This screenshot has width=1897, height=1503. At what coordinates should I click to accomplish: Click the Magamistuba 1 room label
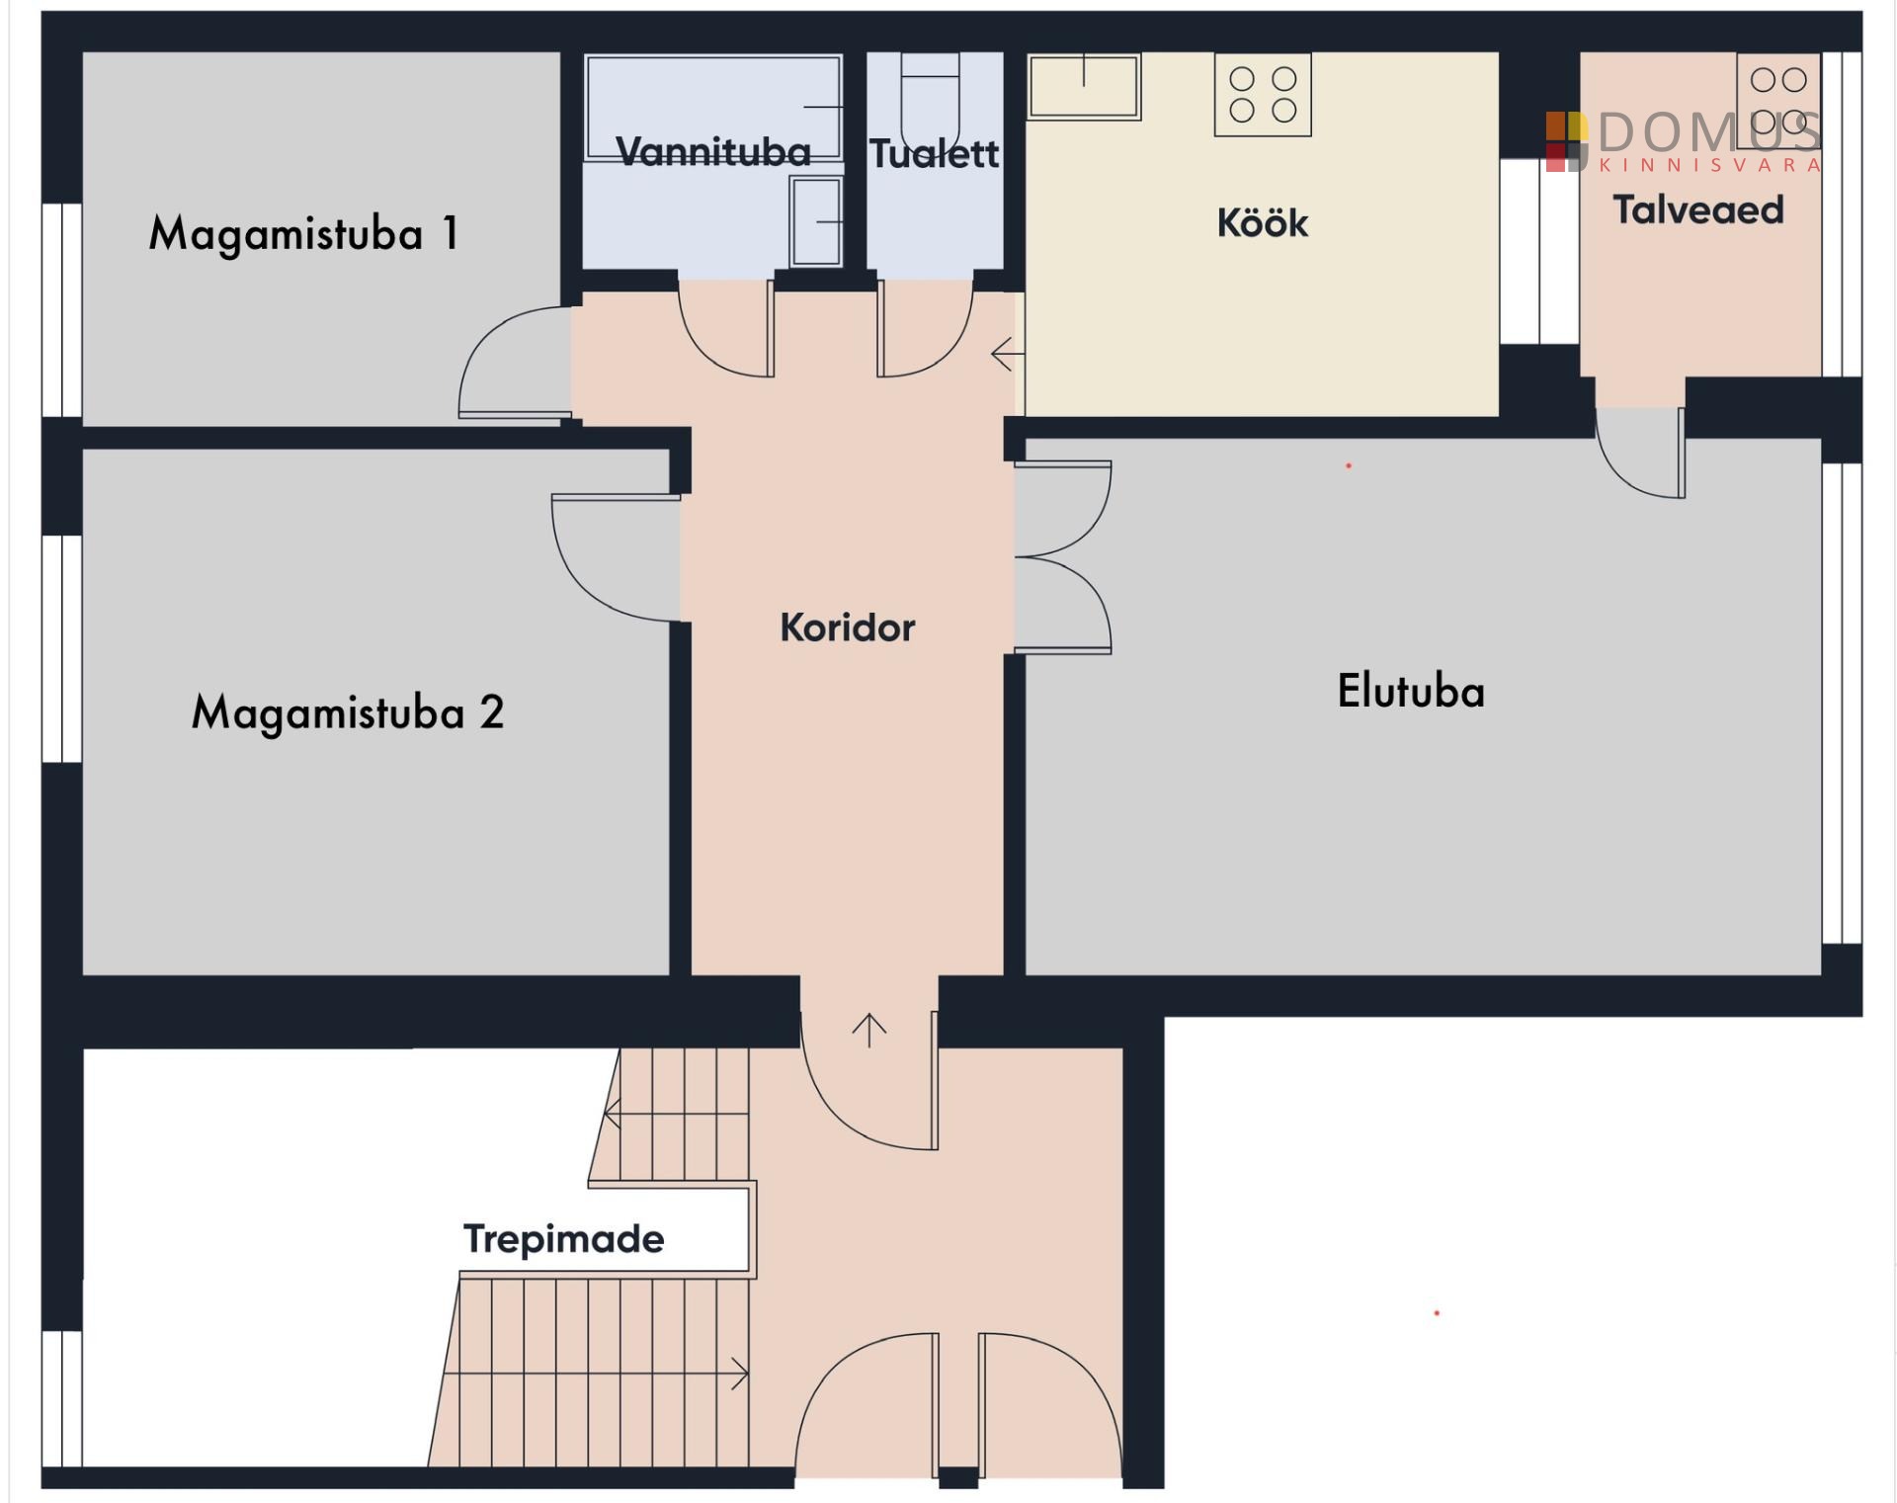coord(303,234)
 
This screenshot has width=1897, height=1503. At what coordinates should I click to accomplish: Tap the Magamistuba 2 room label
coord(348,712)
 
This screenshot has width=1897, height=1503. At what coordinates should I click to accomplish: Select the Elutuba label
coord(1411,691)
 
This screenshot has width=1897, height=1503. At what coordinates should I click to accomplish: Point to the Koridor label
coord(848,627)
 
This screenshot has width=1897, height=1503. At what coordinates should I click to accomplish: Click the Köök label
coord(1263,222)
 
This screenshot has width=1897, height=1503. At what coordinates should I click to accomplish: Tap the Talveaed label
coord(1698,209)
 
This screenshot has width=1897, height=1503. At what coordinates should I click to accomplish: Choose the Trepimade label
coord(564,1239)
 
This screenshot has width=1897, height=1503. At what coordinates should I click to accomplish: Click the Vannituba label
coord(713,152)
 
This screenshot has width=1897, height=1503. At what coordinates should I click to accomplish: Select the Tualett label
coord(935,153)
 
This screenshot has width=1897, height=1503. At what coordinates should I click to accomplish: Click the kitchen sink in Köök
coord(1084,87)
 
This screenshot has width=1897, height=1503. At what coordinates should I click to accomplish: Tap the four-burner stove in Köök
coord(1263,94)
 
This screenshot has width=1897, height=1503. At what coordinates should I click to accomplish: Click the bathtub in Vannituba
coord(713,107)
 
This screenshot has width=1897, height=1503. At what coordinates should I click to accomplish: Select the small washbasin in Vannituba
coord(816,221)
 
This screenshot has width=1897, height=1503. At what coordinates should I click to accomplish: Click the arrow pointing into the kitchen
coord(1008,354)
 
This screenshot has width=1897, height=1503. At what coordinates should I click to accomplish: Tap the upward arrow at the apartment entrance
coord(869,1031)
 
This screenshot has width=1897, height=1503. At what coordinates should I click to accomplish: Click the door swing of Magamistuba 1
coord(515,362)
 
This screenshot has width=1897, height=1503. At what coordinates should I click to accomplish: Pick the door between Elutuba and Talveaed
coord(1640,453)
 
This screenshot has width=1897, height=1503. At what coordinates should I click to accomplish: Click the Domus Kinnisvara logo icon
coord(1567,141)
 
